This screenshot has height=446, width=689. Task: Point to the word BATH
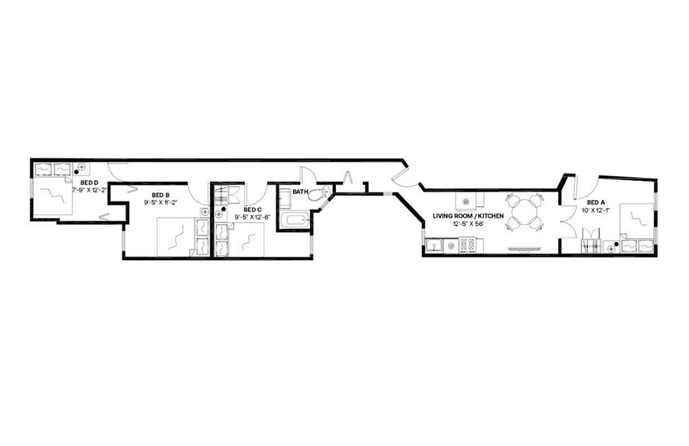(x=300, y=192)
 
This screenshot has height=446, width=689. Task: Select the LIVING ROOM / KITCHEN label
(x=468, y=216)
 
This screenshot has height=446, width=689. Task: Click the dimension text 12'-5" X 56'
(x=468, y=224)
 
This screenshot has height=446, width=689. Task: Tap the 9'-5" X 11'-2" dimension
(x=160, y=203)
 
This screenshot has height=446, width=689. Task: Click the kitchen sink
(x=435, y=245)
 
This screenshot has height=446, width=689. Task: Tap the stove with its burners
(x=468, y=245)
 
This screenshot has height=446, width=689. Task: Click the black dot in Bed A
(x=616, y=244)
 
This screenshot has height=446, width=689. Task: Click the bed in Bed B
(x=177, y=237)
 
